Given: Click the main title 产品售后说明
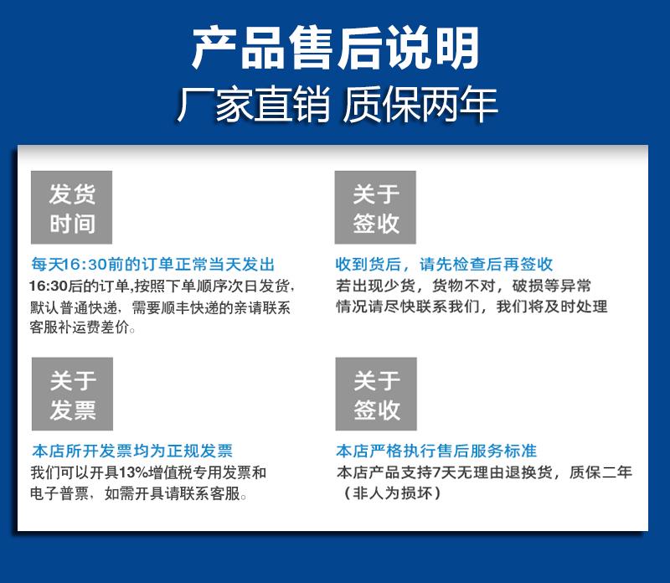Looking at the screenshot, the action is (336, 48).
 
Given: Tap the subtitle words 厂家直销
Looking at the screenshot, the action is (254, 104).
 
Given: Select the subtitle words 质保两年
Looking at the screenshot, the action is (420, 104).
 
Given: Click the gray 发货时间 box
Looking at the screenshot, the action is (71, 207).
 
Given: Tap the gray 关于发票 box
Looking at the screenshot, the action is (72, 394).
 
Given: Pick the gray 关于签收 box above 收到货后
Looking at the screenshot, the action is (375, 207).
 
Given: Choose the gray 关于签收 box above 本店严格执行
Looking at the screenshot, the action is (376, 394).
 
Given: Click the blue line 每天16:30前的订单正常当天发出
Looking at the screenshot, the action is (153, 264).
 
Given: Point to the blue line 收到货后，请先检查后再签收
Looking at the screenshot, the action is (444, 264).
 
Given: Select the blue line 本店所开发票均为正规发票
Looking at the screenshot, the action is (132, 451).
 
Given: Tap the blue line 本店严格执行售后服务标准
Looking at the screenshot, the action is (436, 451).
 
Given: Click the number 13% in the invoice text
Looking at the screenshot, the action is (134, 472).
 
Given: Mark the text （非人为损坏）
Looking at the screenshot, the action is (392, 493).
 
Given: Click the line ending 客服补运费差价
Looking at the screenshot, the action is (83, 328).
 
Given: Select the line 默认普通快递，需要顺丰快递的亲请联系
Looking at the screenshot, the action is (160, 307).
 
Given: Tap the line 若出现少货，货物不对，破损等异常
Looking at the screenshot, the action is (464, 286).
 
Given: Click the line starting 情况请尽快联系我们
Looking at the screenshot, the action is (472, 307).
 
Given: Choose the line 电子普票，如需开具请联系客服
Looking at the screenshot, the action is (138, 493).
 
